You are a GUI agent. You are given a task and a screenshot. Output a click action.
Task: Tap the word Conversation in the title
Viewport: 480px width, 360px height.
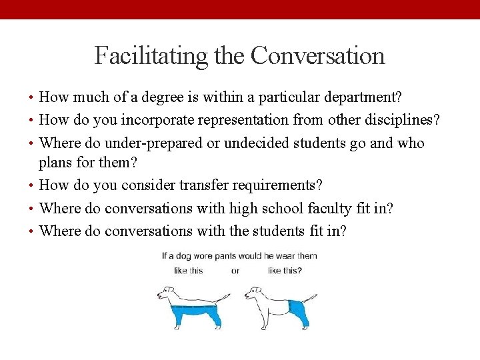[318, 55]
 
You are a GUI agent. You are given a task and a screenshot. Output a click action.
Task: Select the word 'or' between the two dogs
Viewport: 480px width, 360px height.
[235, 271]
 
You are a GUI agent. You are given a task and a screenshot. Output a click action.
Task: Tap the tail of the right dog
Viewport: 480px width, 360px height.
[311, 296]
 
